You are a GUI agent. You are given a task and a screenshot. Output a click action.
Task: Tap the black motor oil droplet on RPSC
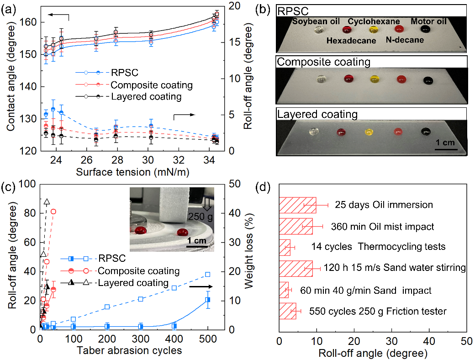(x=426, y=29)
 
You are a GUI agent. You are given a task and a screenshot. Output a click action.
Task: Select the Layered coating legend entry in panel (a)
(x=146, y=96)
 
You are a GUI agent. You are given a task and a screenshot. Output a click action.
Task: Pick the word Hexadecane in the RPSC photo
(x=351, y=41)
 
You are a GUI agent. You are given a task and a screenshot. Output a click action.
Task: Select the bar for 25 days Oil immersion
(x=297, y=205)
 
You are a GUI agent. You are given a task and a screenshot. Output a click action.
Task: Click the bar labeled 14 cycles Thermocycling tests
(x=285, y=247)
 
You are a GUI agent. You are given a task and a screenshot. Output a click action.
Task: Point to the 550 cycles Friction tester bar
(x=287, y=311)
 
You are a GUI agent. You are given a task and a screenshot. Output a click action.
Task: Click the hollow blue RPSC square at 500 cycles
(x=208, y=274)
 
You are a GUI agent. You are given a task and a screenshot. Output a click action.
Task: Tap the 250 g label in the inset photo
(x=203, y=217)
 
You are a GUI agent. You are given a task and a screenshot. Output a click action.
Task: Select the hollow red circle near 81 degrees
(x=53, y=212)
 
